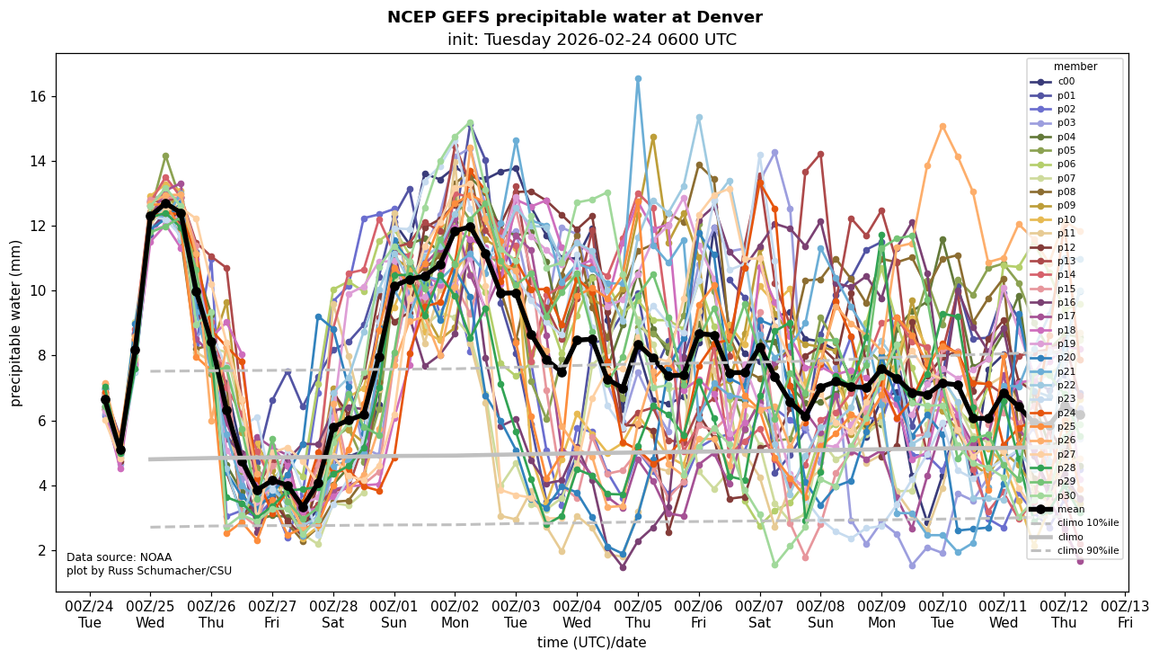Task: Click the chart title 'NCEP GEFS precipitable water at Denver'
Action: (574, 17)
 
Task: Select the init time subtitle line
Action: (591, 40)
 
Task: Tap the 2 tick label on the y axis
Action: (43, 550)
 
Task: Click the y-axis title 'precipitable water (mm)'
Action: (16, 323)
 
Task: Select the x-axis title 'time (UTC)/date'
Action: (591, 642)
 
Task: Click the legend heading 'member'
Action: (1075, 67)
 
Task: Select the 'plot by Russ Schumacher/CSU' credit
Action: (148, 571)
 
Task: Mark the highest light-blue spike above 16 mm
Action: (638, 78)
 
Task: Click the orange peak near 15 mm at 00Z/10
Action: (942, 126)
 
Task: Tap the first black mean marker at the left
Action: (105, 399)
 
